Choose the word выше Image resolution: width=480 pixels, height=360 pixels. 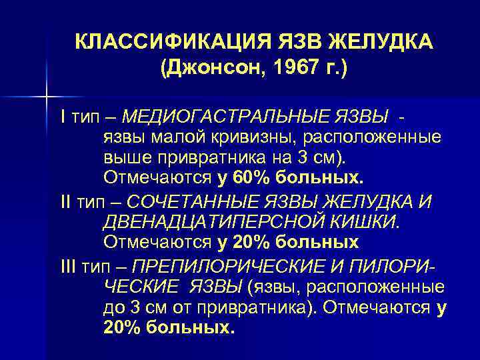(125, 159)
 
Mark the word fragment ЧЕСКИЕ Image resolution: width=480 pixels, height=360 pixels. (138, 287)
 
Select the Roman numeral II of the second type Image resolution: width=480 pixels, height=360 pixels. (65, 201)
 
